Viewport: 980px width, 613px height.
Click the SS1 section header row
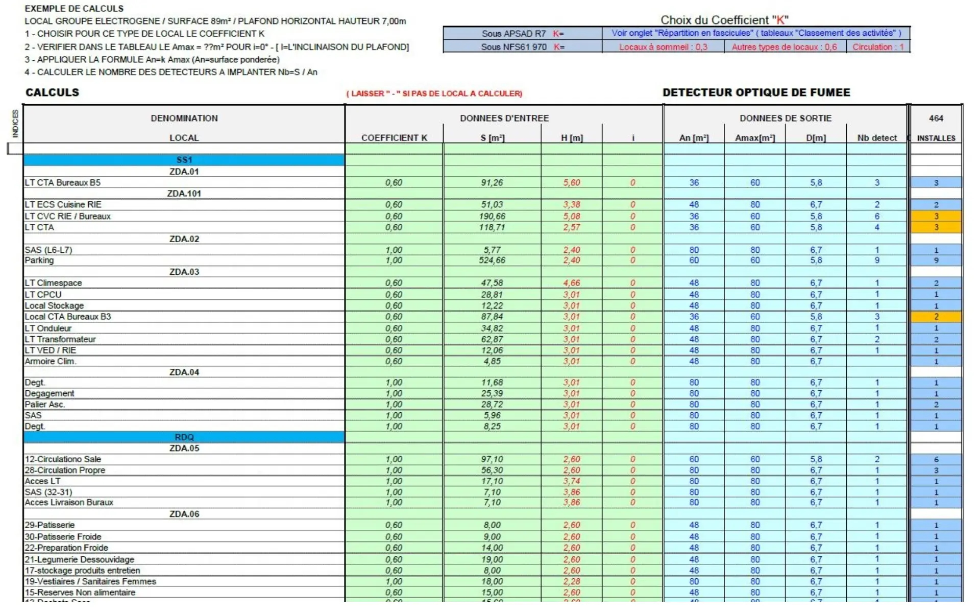click(x=184, y=160)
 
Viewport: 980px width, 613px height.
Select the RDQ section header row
click(x=184, y=437)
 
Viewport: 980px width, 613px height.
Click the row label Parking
click(x=39, y=261)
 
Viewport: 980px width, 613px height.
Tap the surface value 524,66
click(x=492, y=261)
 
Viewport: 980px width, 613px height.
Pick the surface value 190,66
click(x=492, y=216)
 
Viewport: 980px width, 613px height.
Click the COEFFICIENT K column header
click(x=394, y=138)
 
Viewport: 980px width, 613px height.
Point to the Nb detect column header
click(x=877, y=138)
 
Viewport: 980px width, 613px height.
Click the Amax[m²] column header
click(x=754, y=138)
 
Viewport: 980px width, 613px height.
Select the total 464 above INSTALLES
click(x=936, y=119)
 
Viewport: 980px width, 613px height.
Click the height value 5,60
click(x=571, y=183)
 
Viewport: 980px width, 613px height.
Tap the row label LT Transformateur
click(x=60, y=339)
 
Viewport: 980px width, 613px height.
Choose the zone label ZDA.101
click(x=184, y=194)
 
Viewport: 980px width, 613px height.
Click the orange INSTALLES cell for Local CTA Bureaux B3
click(x=936, y=317)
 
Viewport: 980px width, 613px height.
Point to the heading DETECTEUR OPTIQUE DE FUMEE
click(x=756, y=92)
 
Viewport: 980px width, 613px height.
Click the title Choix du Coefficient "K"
click(x=724, y=20)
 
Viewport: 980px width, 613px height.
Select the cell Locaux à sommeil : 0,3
click(x=663, y=47)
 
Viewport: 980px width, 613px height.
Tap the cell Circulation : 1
click(x=878, y=47)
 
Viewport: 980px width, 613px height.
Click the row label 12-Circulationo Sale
click(x=63, y=459)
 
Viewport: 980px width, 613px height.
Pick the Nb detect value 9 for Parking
click(x=877, y=261)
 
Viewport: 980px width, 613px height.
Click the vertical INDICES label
click(x=15, y=123)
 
